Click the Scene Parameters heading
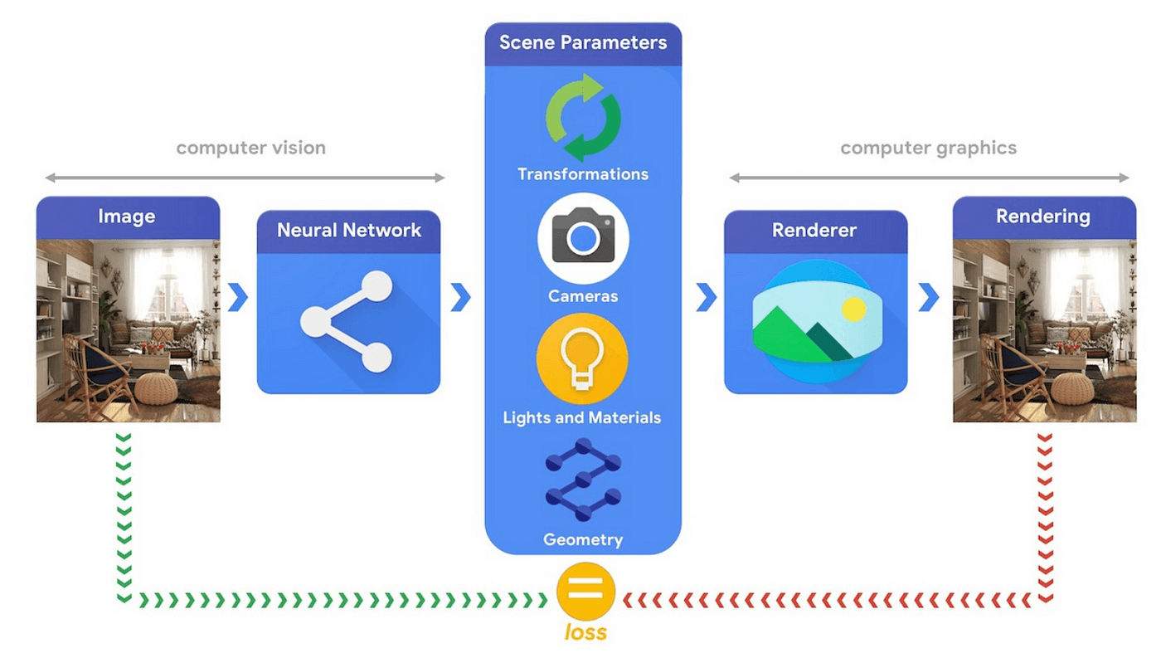tap(582, 42)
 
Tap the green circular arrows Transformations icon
tap(583, 118)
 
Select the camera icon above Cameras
tap(583, 238)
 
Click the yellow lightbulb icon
tap(582, 359)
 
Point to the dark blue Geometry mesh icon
tap(583, 480)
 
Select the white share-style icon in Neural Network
tap(347, 322)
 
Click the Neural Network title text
tap(349, 231)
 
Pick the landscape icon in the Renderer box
tap(818, 322)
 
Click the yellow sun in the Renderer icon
tap(853, 309)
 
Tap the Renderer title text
tap(814, 231)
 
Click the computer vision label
tap(250, 149)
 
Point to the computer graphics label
tap(928, 149)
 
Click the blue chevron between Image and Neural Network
tap(238, 297)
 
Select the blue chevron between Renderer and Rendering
tap(928, 297)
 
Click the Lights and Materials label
tap(582, 418)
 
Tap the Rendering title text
tap(1043, 217)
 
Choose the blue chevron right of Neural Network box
tap(461, 297)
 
